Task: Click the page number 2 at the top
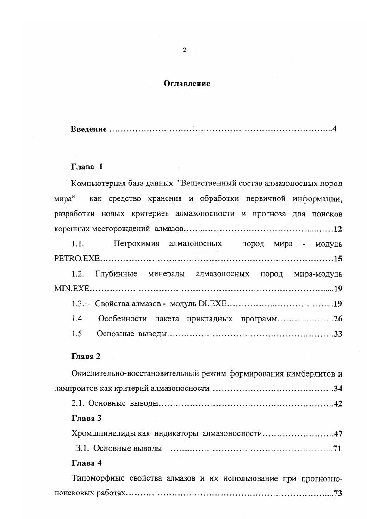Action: coord(184,50)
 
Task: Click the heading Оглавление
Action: coord(187,84)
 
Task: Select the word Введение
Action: coord(89,129)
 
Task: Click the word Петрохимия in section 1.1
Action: coord(137,243)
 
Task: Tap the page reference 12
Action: coord(337,229)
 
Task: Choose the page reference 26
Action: coord(337,319)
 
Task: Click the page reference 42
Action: coord(337,404)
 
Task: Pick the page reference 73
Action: coord(337,493)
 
